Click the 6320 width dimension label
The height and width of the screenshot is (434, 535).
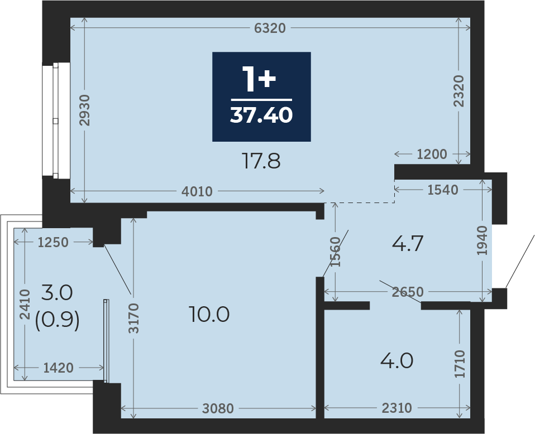270,28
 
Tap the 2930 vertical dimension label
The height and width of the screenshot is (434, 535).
85,110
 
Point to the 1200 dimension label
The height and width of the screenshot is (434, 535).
432,155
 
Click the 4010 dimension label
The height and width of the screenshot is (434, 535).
197,191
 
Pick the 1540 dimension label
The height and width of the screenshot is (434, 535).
443,190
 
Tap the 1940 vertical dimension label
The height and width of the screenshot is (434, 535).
483,240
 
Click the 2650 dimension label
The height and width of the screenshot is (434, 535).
408,292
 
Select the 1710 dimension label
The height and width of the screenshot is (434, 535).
460,364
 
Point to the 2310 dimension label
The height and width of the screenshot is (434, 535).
397,408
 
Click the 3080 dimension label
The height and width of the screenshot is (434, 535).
218,408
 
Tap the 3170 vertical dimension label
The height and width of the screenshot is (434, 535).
134,318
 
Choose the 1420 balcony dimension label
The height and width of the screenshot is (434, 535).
58,368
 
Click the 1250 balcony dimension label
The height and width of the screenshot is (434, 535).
53,243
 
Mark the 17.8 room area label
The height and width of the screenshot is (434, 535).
261,161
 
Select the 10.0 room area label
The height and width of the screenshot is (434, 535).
209,314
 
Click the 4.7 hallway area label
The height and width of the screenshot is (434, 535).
408,243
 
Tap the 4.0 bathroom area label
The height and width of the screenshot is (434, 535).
397,361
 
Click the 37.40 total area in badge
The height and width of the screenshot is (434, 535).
261,115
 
